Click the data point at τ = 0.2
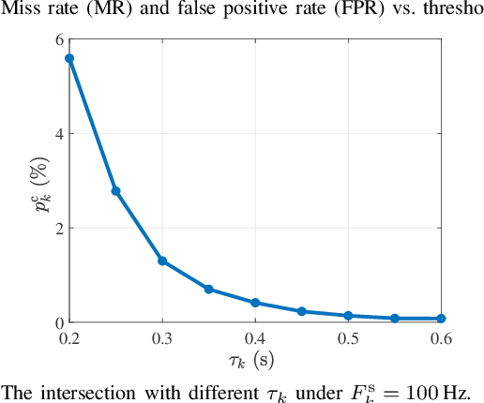click(x=69, y=58)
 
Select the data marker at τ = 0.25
click(x=115, y=191)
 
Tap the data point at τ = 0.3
click(x=162, y=261)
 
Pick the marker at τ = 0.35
click(x=208, y=289)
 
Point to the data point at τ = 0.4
click(x=255, y=303)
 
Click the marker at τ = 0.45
click(x=301, y=311)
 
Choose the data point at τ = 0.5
click(x=348, y=316)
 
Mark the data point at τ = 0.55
click(x=394, y=319)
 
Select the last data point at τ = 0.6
click(x=441, y=319)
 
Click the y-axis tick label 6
click(x=58, y=39)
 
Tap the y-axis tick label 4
click(x=58, y=134)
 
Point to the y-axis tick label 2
click(x=58, y=228)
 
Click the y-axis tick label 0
click(x=58, y=322)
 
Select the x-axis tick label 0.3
click(x=162, y=338)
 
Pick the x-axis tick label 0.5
click(x=348, y=338)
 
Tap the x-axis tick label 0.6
click(x=441, y=338)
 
